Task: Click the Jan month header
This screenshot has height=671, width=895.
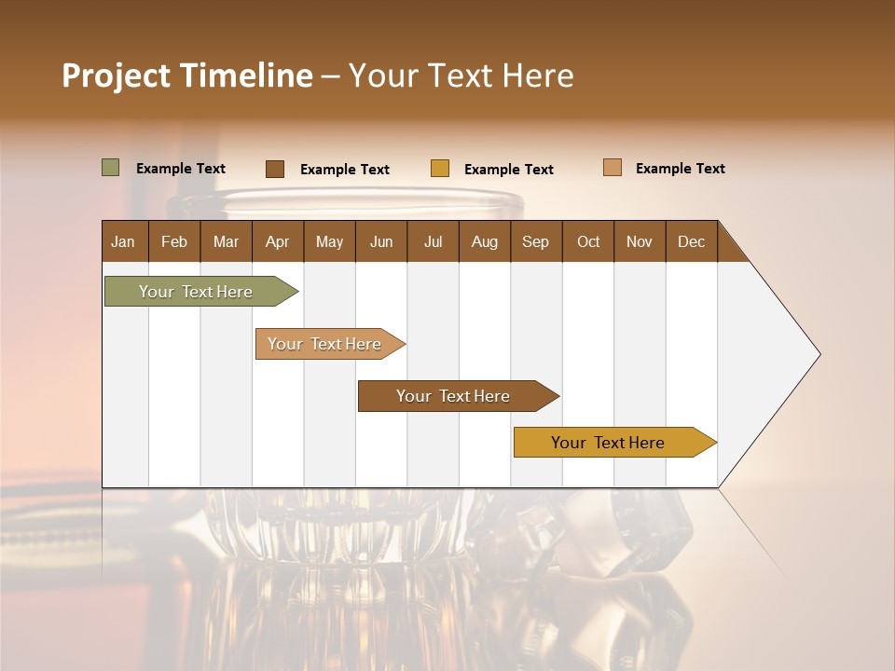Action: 124,241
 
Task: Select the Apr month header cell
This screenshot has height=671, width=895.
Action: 278,241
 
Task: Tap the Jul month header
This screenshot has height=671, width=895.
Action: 433,241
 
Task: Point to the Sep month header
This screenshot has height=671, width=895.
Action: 536,241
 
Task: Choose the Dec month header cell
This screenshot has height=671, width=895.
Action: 691,241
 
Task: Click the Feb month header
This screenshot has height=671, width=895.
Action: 174,241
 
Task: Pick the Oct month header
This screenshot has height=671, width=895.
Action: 588,241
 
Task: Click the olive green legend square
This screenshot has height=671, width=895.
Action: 110,168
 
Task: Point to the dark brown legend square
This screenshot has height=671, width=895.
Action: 274,169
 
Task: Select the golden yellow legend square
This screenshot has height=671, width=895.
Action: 440,169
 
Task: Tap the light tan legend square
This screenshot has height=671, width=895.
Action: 612,168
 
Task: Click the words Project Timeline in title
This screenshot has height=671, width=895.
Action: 187,75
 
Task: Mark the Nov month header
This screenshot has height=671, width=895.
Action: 640,241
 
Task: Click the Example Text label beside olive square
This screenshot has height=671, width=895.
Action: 181,169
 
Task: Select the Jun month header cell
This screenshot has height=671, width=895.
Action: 381,241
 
